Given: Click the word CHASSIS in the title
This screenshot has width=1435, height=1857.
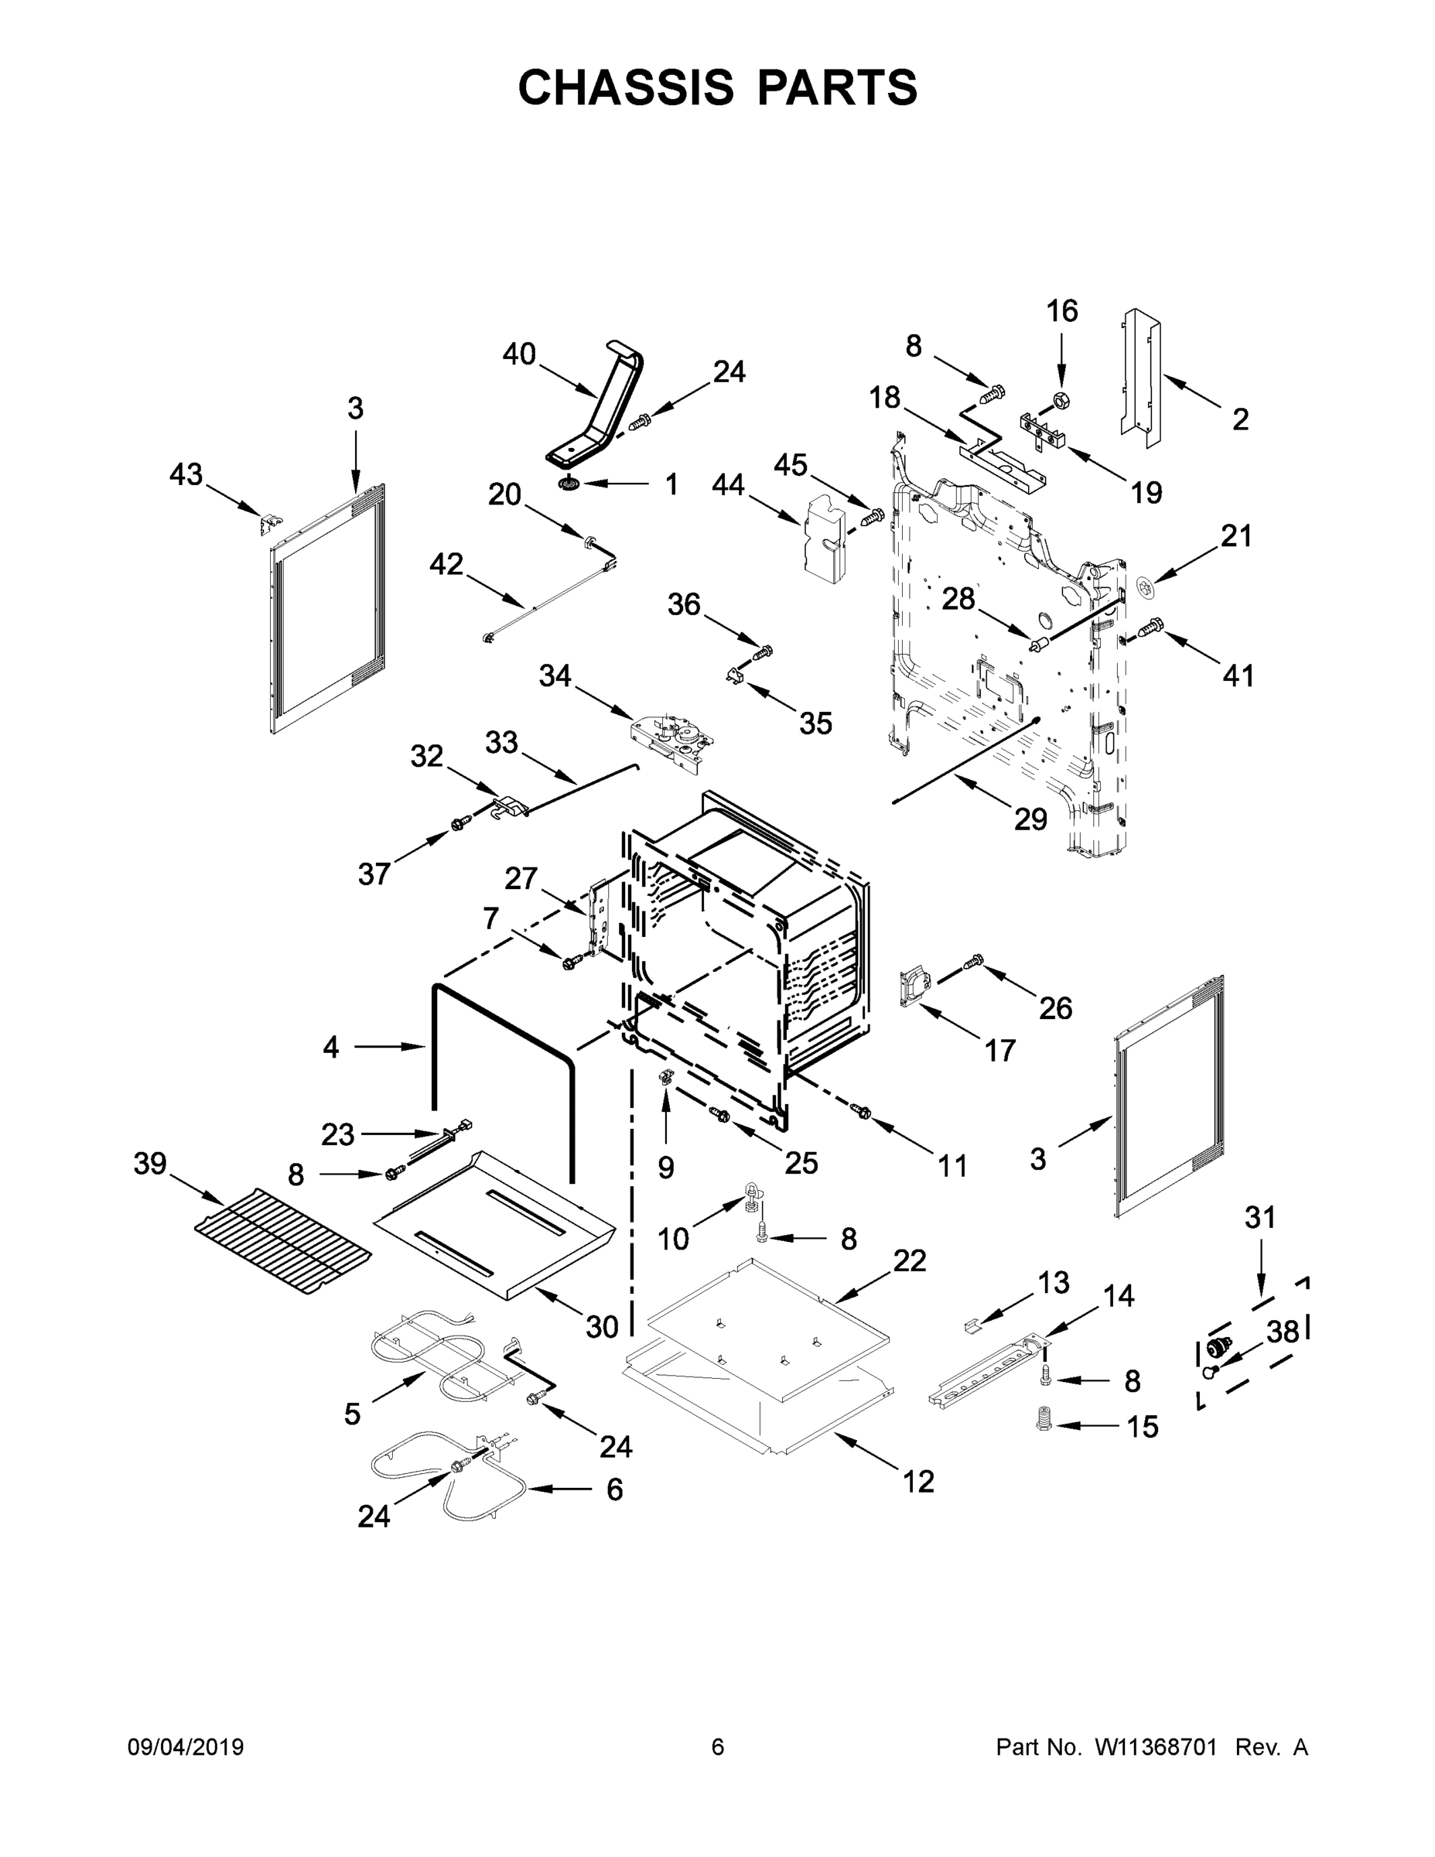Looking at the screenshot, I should [x=626, y=87].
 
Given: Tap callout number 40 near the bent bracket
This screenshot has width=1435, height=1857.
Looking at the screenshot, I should [x=518, y=354].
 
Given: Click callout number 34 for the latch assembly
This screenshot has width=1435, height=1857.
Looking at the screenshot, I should [x=555, y=676].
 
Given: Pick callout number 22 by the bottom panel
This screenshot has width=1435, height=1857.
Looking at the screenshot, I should [x=909, y=1260].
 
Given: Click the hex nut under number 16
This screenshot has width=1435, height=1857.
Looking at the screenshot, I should [x=1060, y=398].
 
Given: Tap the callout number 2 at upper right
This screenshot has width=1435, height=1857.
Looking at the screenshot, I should [x=1239, y=419].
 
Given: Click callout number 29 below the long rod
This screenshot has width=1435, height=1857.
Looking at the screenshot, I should [x=1030, y=819].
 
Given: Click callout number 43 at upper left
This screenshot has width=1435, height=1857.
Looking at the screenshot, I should [x=186, y=474].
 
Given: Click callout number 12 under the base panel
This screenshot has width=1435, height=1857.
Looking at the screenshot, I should [x=918, y=1481].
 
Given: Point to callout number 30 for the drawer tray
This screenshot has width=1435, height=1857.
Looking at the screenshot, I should [x=602, y=1326].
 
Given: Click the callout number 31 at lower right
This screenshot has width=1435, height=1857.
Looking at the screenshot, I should [x=1260, y=1218].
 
